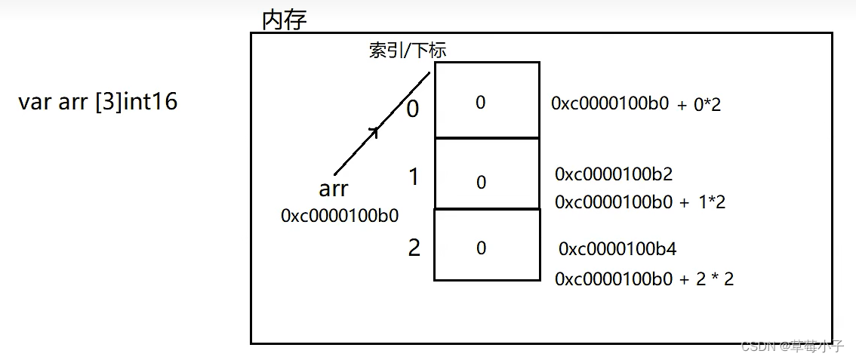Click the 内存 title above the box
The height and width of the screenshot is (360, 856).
pos(285,20)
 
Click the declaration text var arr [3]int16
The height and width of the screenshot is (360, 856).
pos(98,102)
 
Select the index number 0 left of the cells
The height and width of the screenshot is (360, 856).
pos(413,109)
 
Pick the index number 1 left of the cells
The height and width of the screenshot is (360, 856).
pos(414,177)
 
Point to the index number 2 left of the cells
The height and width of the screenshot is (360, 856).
pos(414,248)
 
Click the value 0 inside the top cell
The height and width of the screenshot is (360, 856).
pos(480,103)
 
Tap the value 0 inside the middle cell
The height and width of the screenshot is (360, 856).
pos(481,183)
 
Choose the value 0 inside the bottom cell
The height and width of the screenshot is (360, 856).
pos(481,248)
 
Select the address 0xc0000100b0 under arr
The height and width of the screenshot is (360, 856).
pos(340,216)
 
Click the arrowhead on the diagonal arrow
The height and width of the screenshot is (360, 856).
pos(374,133)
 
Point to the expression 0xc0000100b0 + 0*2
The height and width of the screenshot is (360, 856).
pos(636,104)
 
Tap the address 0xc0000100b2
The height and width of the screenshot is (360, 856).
pos(614,174)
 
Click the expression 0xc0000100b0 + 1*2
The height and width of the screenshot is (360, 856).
pos(640,202)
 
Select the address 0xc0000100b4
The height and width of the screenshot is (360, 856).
pos(617,248)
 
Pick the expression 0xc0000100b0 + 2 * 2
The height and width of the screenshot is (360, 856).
pos(644,279)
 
